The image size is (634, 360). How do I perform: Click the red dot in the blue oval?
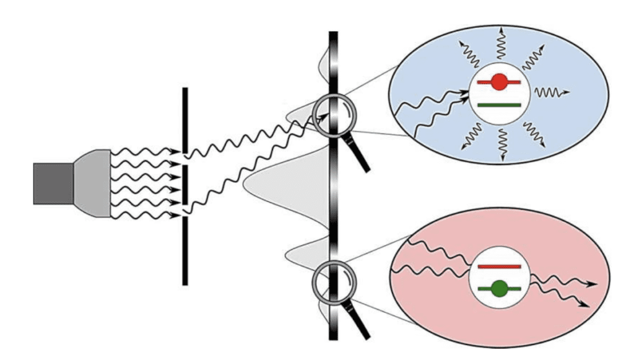[499, 82]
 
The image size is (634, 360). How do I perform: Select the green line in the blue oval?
[499, 105]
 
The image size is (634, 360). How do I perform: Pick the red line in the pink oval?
[499, 266]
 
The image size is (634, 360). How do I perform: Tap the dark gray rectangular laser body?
[53, 183]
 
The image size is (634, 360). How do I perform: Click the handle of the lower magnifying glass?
[359, 322]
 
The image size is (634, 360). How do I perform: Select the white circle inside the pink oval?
[499, 276]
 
